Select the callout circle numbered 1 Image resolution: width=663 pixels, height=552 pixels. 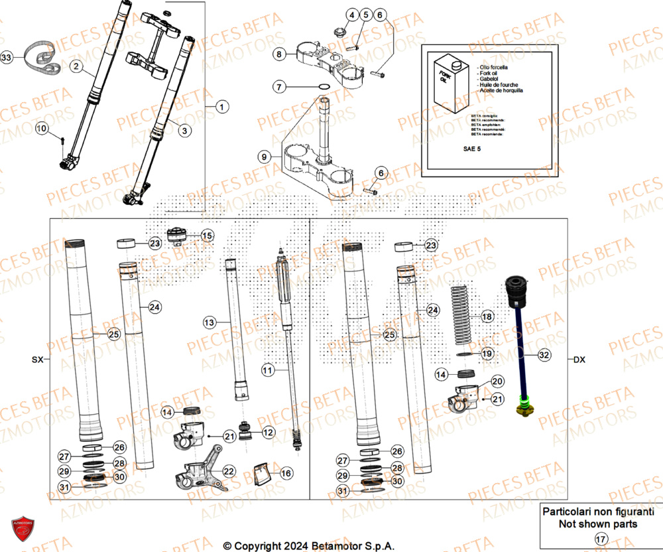pyautogui.click(x=221, y=106)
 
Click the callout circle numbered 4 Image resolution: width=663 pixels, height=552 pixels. pyautogui.click(x=351, y=15)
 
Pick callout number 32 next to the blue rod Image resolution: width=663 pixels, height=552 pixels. pyautogui.click(x=544, y=356)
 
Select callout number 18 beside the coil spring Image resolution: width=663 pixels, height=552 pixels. pyautogui.click(x=487, y=317)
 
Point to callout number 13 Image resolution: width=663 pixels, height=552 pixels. pyautogui.click(x=210, y=322)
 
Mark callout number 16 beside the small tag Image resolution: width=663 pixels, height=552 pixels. pyautogui.click(x=286, y=473)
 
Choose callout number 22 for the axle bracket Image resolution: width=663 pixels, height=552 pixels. pyautogui.click(x=228, y=471)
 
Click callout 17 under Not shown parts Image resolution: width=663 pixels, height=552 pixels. pyautogui.click(x=601, y=539)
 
